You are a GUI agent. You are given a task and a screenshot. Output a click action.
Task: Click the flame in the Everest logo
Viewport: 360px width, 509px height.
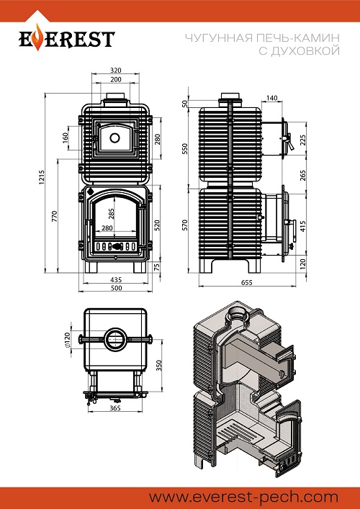(38, 37)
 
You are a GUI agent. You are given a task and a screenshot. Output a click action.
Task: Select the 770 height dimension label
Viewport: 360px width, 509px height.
(55, 216)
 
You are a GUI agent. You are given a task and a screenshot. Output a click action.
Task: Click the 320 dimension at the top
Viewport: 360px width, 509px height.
(116, 70)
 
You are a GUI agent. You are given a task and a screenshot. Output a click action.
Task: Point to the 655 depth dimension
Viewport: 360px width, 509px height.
(247, 283)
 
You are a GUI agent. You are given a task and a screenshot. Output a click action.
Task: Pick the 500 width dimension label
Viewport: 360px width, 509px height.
(116, 288)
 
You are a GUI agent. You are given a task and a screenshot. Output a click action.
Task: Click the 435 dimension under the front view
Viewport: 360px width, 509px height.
(116, 279)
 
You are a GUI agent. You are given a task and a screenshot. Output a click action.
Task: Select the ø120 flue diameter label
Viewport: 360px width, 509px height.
(68, 341)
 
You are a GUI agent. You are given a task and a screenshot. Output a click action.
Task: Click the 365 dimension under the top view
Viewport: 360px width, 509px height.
(115, 408)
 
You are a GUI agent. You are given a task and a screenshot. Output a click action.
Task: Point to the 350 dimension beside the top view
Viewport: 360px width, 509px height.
(158, 365)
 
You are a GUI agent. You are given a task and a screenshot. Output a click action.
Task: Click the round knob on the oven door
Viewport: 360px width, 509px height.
(114, 138)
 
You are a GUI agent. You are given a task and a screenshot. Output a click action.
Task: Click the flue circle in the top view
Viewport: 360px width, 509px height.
(115, 340)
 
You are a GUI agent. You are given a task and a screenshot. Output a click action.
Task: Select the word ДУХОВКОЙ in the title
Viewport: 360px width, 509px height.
(300, 51)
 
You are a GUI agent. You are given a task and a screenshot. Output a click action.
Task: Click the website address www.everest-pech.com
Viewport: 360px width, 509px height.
(244, 497)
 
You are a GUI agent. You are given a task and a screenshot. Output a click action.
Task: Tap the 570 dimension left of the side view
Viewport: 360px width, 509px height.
(185, 225)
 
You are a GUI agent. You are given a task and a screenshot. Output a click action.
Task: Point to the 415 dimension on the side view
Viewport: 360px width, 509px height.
(303, 226)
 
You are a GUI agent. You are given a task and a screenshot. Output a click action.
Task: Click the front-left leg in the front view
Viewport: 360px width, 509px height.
(91, 267)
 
